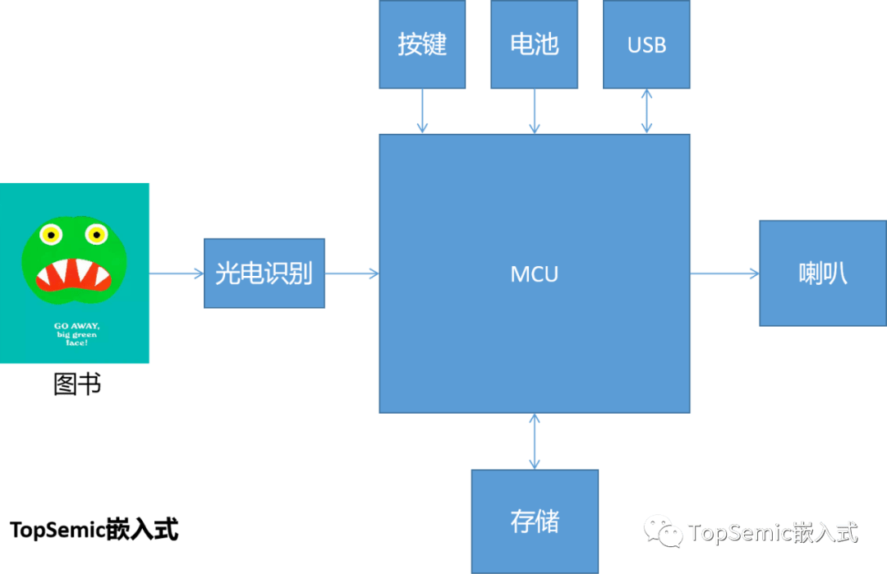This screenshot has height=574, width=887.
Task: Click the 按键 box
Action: [x=422, y=44]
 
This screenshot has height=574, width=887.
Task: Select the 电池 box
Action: [x=534, y=44]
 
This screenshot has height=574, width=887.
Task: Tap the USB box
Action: [x=646, y=44]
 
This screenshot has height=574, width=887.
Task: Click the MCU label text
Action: [x=534, y=274]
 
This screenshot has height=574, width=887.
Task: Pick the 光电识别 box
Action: [x=264, y=273]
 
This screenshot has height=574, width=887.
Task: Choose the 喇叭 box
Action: [x=823, y=273]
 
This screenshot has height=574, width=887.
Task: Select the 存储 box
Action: [x=535, y=521]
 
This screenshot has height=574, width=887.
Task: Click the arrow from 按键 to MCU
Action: [x=422, y=112]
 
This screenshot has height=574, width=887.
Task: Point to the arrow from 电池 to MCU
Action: [x=534, y=112]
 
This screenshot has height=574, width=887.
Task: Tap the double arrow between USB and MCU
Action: [x=646, y=112]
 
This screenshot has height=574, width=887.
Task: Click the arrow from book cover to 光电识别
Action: [x=177, y=273]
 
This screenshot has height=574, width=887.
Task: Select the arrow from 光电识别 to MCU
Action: [x=352, y=273]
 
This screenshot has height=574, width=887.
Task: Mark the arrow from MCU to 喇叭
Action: [x=724, y=273]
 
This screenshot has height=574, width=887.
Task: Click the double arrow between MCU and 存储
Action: [x=535, y=442]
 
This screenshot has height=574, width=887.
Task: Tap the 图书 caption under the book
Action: [x=77, y=384]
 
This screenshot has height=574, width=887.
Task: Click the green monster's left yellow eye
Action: [x=51, y=234]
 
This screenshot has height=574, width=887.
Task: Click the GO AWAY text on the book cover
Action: [x=76, y=326]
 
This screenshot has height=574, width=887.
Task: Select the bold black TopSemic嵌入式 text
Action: [x=94, y=530]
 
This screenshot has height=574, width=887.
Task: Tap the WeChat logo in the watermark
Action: [x=663, y=531]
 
